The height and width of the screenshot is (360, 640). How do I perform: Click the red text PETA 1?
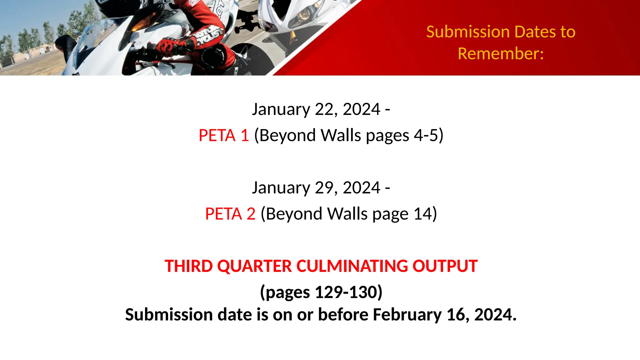[x=224, y=136]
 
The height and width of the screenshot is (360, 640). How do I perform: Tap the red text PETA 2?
[x=230, y=214]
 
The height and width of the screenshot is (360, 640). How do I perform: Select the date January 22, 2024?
[x=316, y=109]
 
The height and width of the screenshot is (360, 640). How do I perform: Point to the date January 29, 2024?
[x=316, y=188]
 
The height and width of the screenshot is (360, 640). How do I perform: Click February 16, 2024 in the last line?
[x=444, y=315]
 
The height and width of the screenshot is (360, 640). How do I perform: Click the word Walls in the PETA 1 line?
[x=341, y=136]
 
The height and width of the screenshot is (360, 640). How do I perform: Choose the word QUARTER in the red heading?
[x=254, y=266]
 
